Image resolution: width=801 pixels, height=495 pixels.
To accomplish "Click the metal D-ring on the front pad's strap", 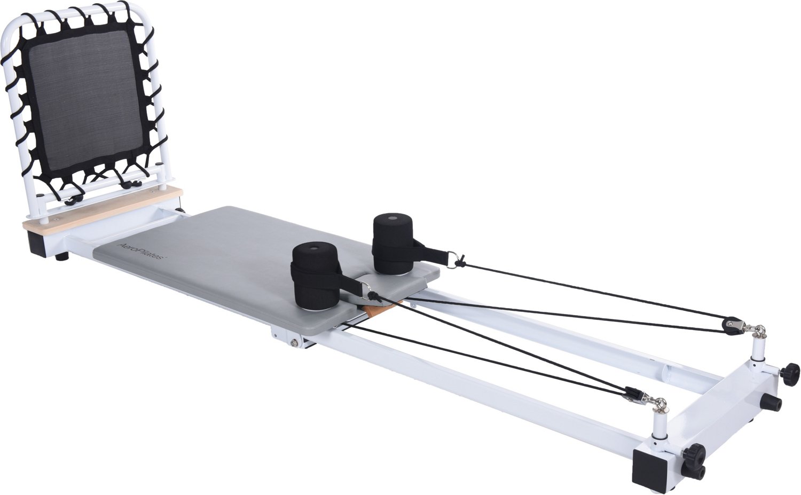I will pos(367,290).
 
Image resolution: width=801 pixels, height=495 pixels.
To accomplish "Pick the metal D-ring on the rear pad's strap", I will pos(452,258).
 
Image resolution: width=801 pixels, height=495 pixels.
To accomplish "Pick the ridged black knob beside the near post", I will pos(694,454).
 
